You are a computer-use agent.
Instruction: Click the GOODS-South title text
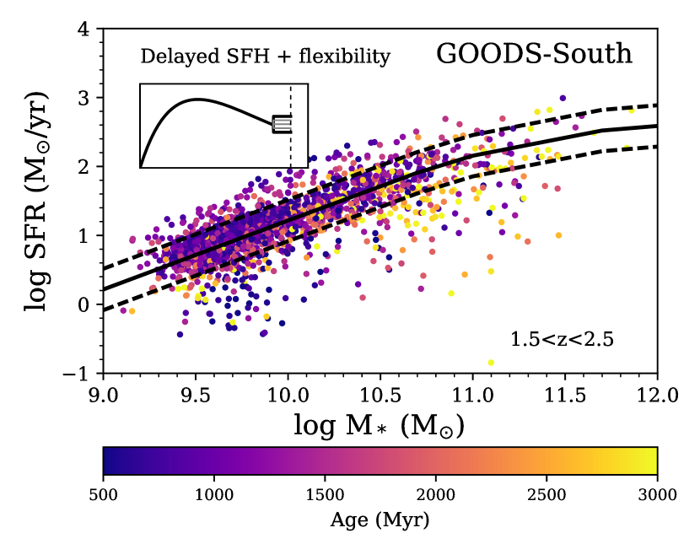click(534, 55)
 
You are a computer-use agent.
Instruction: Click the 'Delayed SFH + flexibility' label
click(266, 57)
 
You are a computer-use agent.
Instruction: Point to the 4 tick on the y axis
click(84, 30)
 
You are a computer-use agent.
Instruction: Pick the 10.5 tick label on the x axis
click(380, 394)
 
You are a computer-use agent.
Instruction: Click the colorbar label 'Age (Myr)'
click(380, 520)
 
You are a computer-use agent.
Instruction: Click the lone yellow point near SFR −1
click(491, 363)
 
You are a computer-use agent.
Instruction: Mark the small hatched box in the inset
click(282, 125)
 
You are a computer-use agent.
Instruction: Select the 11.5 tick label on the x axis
click(565, 394)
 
